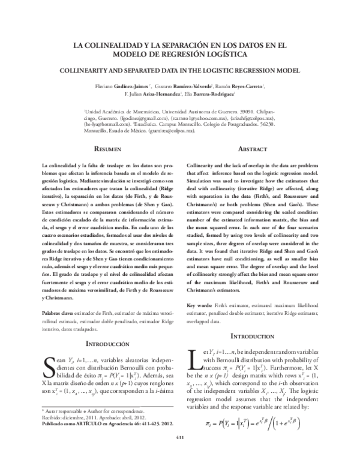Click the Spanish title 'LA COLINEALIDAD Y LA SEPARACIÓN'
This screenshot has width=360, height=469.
coord(180,45)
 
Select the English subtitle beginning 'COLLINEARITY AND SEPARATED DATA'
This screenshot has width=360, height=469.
coord(180,70)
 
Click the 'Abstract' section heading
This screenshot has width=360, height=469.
coord(253,148)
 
